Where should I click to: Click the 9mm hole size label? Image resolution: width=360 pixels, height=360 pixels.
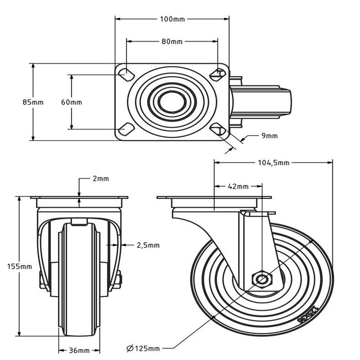(269, 136)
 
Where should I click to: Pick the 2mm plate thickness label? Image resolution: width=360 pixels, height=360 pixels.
(101, 179)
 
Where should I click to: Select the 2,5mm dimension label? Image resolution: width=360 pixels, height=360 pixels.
(148, 245)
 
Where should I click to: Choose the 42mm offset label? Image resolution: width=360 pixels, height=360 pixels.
(239, 186)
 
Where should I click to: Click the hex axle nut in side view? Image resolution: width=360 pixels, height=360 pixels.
(262, 280)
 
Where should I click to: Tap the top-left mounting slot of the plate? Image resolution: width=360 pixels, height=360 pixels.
(124, 74)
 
